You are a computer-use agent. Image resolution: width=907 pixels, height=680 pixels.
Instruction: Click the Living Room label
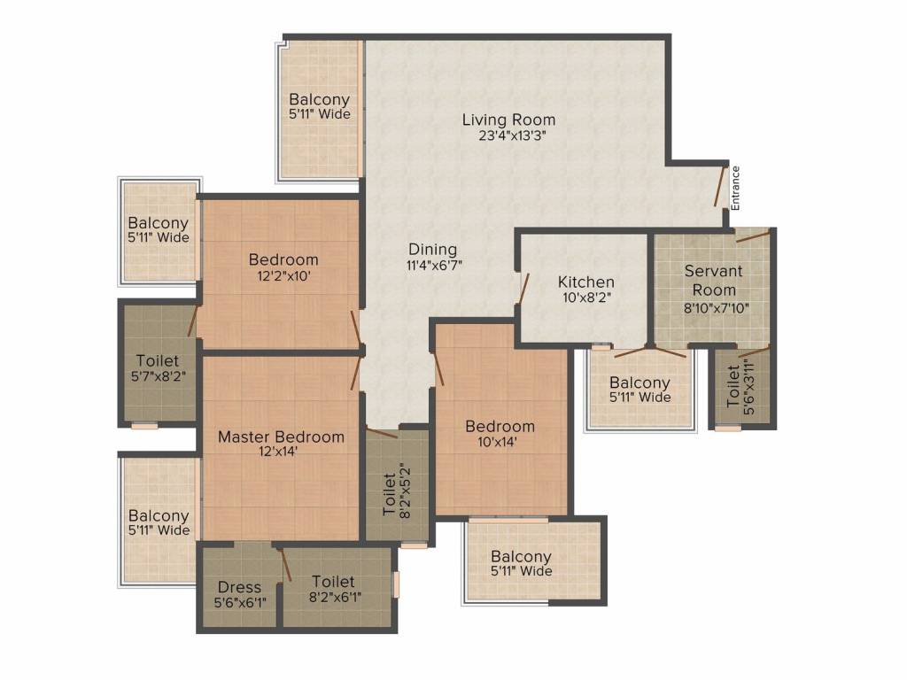508,120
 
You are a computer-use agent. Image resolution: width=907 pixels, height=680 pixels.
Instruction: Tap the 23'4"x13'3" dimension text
508,136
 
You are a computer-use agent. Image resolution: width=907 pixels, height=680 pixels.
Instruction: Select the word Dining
432,249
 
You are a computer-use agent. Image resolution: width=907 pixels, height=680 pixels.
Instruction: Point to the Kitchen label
585,282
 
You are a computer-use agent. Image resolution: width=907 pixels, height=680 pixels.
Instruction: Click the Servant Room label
713,280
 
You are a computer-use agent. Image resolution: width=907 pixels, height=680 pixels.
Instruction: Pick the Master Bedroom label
281,437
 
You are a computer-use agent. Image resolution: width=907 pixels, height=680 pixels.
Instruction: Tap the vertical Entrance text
735,188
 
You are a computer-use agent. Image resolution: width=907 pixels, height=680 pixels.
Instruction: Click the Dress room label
239,587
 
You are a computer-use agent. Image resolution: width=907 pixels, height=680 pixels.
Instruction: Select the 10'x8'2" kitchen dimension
585,297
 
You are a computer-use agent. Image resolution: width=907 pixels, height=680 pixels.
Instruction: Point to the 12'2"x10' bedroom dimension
283,275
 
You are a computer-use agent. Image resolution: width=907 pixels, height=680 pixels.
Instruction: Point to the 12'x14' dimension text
281,452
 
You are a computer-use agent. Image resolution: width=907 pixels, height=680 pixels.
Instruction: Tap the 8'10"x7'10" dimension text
713,306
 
